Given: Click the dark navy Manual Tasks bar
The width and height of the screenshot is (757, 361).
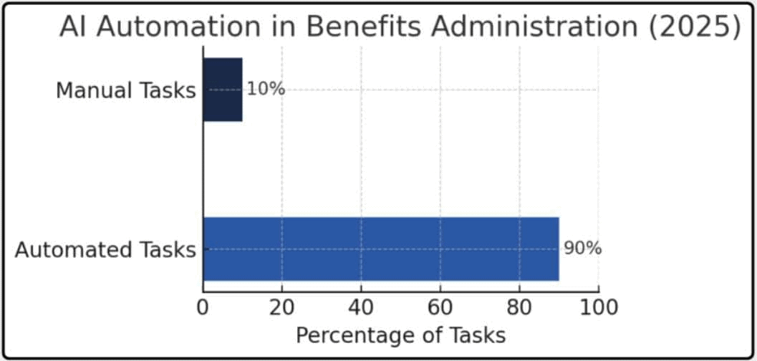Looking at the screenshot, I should coord(223,90).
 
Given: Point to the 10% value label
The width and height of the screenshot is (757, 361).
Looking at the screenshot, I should coord(266,90).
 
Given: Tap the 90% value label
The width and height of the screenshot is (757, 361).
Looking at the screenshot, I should coord(582,249).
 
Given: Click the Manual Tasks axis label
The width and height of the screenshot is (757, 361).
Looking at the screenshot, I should coord(125,91).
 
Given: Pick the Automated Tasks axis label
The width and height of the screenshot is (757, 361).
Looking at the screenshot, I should coord(105,250).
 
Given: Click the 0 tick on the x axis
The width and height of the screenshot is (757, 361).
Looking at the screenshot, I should coord(203,307).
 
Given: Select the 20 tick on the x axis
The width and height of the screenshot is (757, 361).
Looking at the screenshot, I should coord(282,307).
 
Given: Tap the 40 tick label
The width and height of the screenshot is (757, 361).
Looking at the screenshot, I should coord(361,307).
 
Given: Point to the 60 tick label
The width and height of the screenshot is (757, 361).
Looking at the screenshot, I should coord(440,307).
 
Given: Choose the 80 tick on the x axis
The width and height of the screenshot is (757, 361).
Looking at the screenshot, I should coord(519,307).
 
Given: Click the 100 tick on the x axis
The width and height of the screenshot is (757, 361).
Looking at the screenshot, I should coord(598,307).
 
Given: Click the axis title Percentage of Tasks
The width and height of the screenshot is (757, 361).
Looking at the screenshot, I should coord(400,335).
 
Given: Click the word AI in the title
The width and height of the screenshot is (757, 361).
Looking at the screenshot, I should coord(74,27).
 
